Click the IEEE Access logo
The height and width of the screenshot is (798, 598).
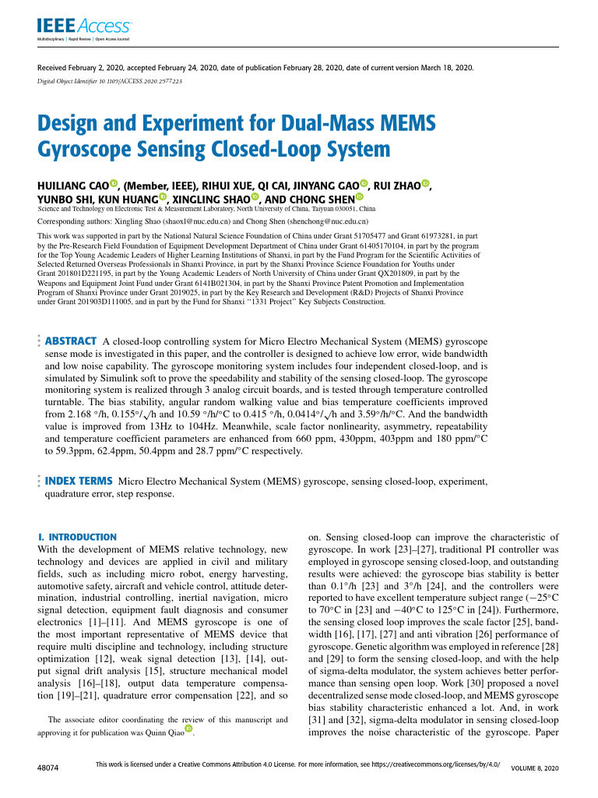(x=72, y=27)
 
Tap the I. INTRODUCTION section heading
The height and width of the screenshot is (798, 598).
(x=77, y=537)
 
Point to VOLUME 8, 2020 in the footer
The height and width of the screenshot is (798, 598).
(x=535, y=768)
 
